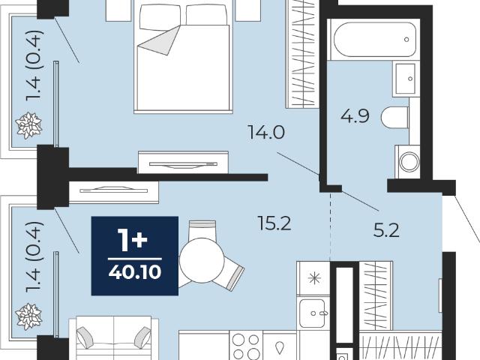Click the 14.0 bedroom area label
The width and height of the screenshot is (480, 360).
[266, 133]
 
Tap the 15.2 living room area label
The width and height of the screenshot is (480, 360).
[274, 223]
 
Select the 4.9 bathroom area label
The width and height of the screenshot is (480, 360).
[355, 116]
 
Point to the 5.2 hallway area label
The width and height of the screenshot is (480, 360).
[386, 230]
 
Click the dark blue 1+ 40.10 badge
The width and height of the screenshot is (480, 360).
[135, 256]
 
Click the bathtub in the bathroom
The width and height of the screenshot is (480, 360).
[374, 40]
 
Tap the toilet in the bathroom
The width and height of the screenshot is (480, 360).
[395, 118]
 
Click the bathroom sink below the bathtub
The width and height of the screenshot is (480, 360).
[406, 79]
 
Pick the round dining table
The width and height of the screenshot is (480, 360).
[202, 260]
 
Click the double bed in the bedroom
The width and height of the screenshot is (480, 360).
[183, 58]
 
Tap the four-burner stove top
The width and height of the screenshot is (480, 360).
[246, 346]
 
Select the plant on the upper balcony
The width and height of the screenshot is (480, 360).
[28, 125]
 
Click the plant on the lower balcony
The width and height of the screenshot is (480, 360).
[28, 316]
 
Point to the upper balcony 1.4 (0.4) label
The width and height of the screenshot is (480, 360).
[33, 65]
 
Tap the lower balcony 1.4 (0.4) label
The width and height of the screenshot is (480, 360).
[33, 257]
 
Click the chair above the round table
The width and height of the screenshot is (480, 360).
[202, 229]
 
